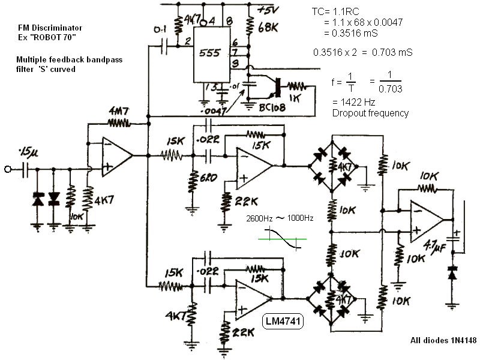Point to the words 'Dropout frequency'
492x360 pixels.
pos(370,113)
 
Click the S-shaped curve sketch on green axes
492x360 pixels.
pos(281,239)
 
